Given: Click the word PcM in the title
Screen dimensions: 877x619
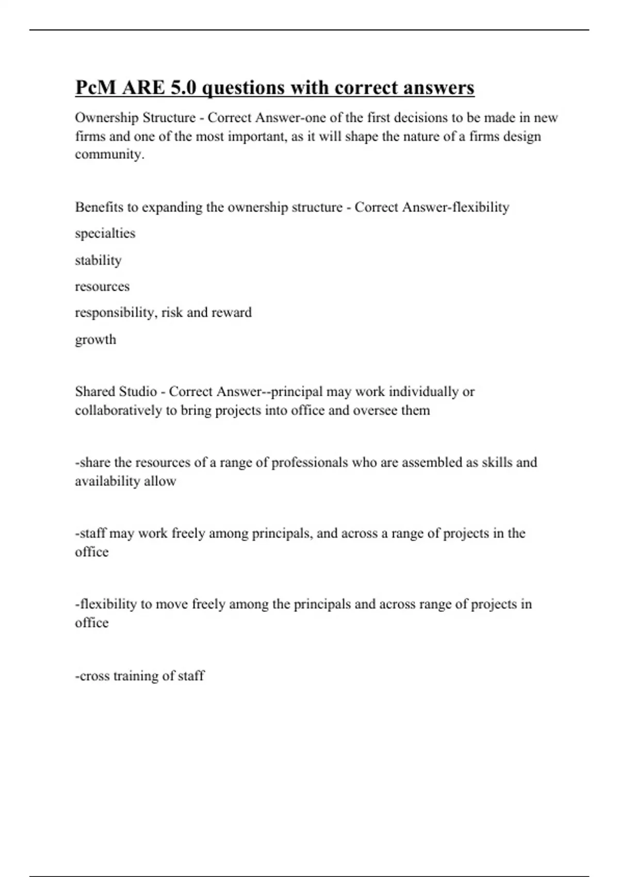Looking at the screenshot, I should (96, 88).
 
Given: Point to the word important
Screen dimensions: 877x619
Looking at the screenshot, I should (257, 137).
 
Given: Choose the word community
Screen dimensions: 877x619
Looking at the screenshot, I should (109, 154).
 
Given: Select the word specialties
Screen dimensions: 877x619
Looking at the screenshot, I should (105, 234).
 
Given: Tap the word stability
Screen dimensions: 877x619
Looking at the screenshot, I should (98, 260).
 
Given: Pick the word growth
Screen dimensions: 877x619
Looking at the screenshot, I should (95, 340).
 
